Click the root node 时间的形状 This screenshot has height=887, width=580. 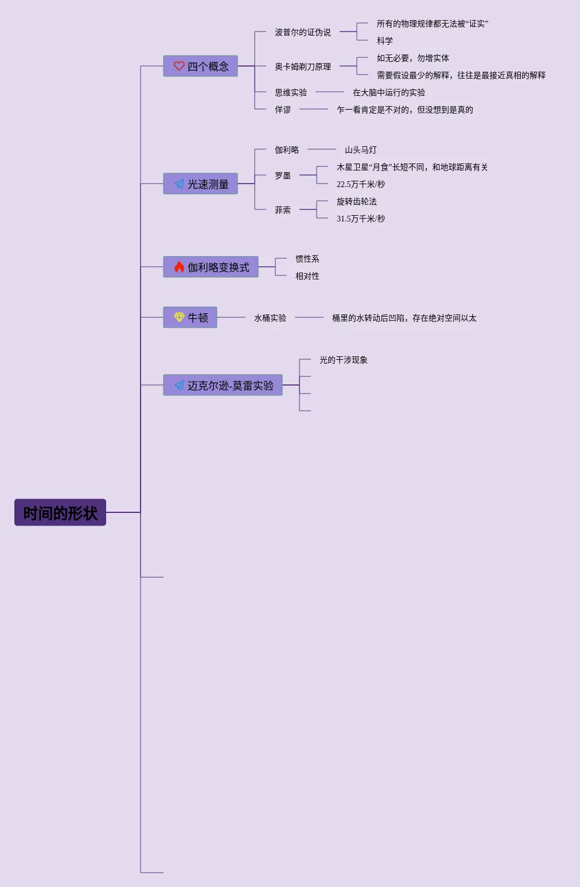tap(60, 512)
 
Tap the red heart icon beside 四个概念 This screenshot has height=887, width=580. tap(179, 66)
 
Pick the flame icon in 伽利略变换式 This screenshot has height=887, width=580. tap(179, 267)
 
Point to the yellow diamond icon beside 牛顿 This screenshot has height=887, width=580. tap(179, 317)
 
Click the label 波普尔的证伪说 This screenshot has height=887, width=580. tap(302, 32)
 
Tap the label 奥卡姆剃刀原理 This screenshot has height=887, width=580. tap(302, 67)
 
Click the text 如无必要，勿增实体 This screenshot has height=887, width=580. tap(412, 58)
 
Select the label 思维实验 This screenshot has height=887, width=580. tap(290, 92)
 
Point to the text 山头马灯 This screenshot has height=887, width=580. tap(360, 150)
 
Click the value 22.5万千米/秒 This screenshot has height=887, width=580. tap(360, 184)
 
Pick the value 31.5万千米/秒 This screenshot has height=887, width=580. tap(360, 219)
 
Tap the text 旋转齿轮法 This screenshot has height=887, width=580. tap(356, 201)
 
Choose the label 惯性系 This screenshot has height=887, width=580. tap(307, 259)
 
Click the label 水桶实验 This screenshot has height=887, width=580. tap(270, 318)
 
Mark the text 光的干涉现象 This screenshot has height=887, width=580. tap(343, 360)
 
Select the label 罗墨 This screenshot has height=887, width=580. tap(282, 176)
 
